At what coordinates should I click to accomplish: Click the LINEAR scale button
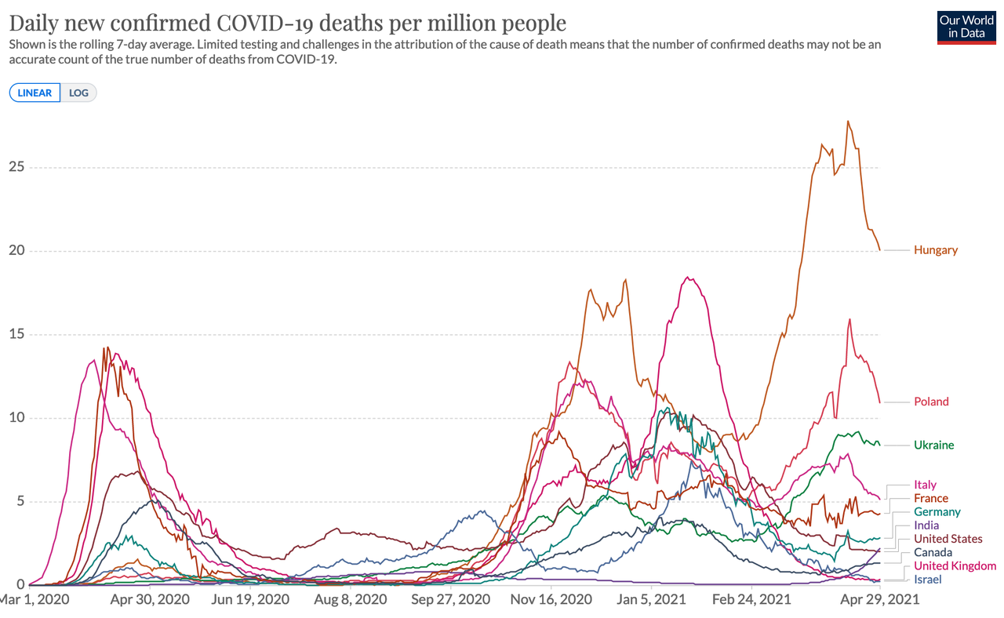[35, 93]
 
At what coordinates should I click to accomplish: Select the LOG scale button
[78, 93]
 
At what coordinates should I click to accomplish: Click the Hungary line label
[935, 250]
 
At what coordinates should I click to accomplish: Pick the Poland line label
[931, 402]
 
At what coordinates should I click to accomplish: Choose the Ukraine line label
[933, 445]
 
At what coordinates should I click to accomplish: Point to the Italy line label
[925, 485]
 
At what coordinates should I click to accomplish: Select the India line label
[926, 525]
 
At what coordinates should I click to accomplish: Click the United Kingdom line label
[955, 566]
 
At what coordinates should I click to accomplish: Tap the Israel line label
[927, 580]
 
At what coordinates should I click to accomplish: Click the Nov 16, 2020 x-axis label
[551, 600]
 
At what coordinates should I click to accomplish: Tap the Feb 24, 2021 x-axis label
[751, 600]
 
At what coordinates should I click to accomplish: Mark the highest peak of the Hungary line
[848, 122]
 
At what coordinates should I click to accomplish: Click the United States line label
[948, 539]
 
